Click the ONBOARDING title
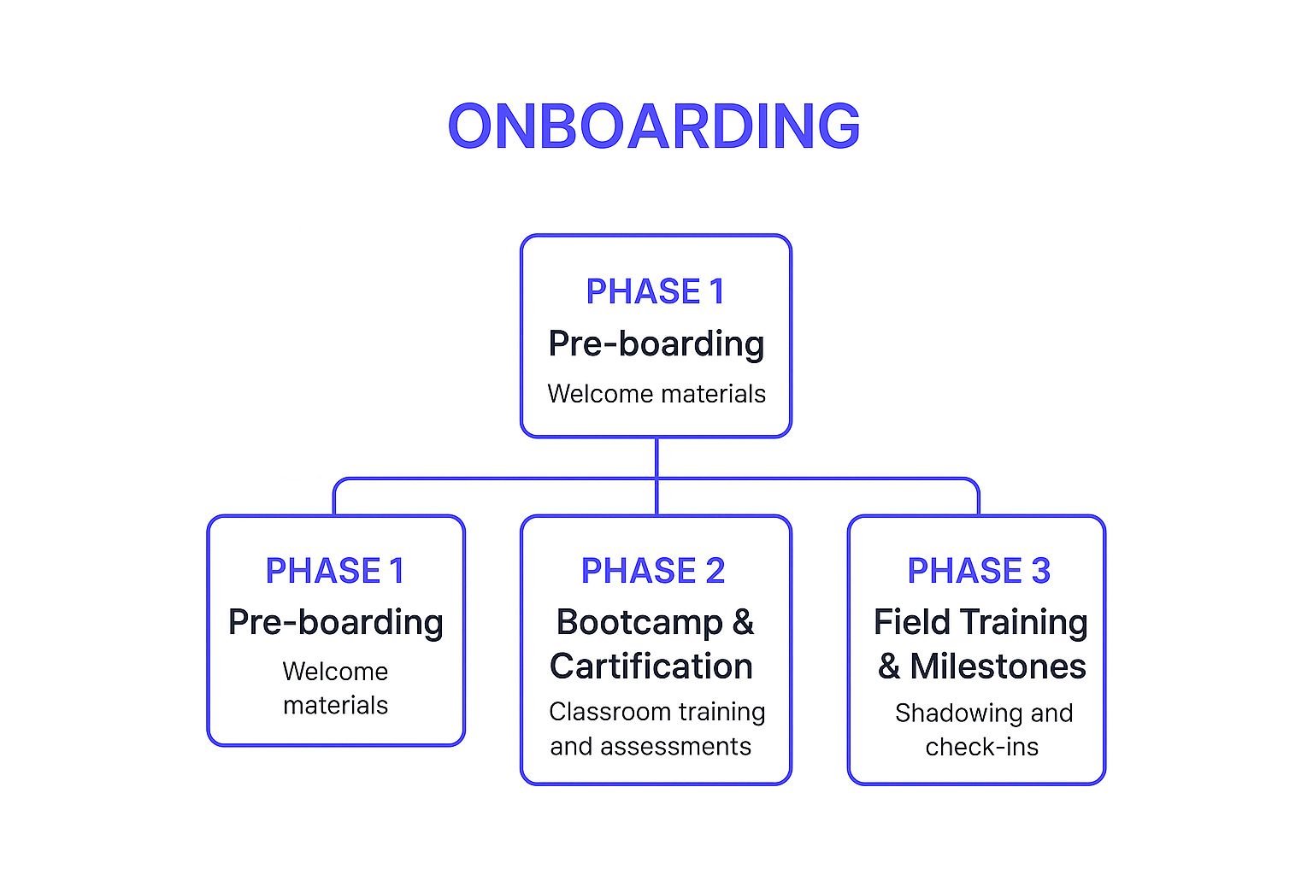pos(654,126)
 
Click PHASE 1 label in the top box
pos(655,291)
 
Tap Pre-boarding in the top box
pos(656,344)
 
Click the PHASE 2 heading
pos(653,571)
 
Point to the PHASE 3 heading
pos(978,571)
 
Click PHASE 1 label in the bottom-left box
pos(335,571)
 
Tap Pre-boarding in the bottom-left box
pos(335,622)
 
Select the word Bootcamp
pos(639,622)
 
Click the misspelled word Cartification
pos(651,667)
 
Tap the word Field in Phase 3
pos(911,622)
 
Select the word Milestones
pos(998,667)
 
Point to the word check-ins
pos(981,748)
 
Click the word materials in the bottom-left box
pos(335,706)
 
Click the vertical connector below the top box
pos(656,458)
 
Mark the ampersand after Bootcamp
pos(743,623)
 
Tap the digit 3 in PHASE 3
pos(1040,571)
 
